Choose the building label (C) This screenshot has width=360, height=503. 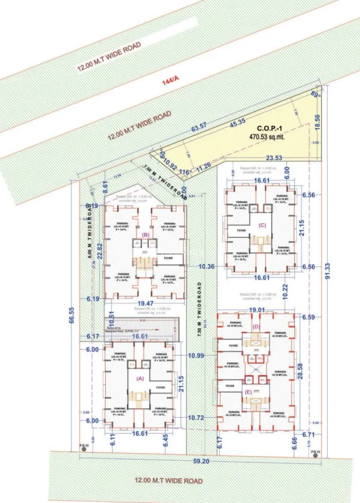click(x=262, y=225)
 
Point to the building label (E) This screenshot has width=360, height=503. click(x=248, y=392)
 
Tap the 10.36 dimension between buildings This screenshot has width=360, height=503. click(x=207, y=266)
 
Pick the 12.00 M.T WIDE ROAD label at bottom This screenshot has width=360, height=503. click(x=169, y=481)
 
